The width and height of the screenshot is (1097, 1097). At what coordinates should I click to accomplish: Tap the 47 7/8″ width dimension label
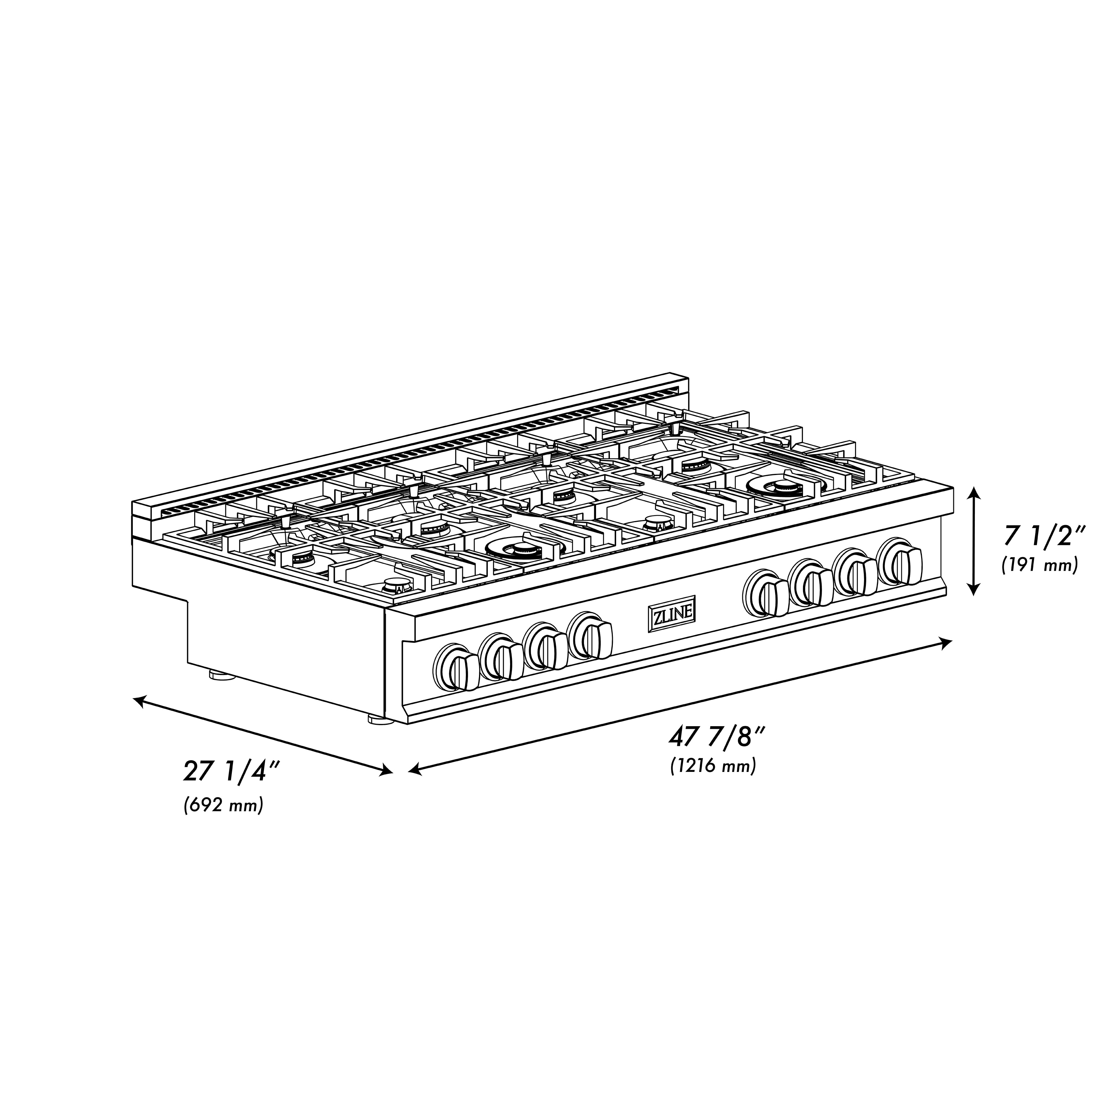pyautogui.click(x=718, y=739)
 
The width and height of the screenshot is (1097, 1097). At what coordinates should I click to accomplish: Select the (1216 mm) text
pyautogui.click(x=713, y=766)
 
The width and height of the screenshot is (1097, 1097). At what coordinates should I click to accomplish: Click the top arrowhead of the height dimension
pyautogui.click(x=975, y=492)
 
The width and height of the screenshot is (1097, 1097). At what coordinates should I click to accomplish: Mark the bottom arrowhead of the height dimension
pyautogui.click(x=975, y=591)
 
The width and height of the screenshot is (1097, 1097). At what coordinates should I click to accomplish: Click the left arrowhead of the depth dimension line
pyautogui.click(x=138, y=700)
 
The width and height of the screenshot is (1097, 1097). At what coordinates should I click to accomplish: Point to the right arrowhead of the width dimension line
pyautogui.click(x=947, y=642)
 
